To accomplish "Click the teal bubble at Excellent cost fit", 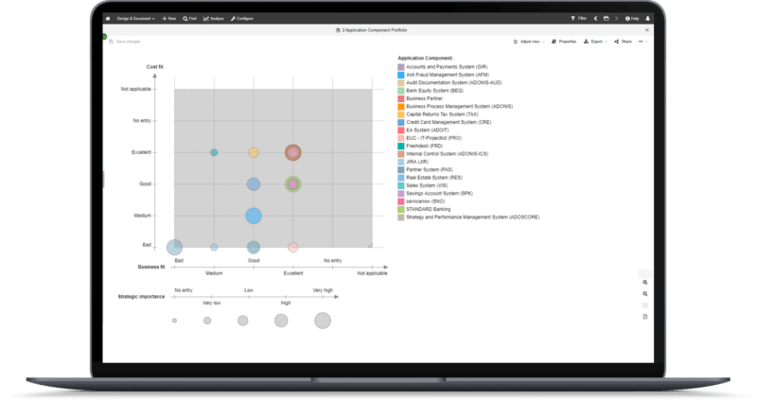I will point(214,152).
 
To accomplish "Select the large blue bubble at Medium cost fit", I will point(254,216).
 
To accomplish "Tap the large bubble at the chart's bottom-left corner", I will point(175,247).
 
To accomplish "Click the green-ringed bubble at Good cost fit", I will point(293,184).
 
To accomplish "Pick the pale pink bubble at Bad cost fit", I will point(293,247).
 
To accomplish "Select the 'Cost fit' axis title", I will point(155,66).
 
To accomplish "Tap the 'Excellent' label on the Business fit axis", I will point(293,273).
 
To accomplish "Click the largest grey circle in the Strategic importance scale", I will point(323,321).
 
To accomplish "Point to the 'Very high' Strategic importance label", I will point(323,290).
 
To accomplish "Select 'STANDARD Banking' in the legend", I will point(431,209).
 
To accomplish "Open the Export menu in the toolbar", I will point(594,42).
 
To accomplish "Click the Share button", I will point(623,42).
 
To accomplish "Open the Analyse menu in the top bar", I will point(213,18).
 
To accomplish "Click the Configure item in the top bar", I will point(241,18).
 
